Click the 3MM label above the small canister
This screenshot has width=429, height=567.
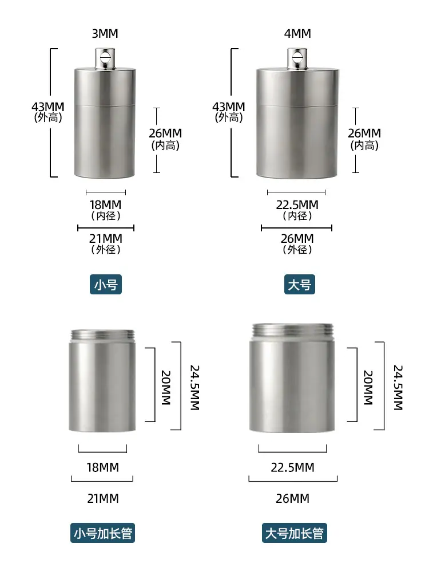[x=105, y=34]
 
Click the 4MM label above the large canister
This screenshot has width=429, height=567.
[x=297, y=34]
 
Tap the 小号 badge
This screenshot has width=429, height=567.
[x=106, y=284]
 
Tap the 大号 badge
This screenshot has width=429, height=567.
[x=299, y=284]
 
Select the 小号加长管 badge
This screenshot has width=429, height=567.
[x=102, y=533]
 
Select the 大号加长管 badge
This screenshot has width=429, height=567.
[x=295, y=533]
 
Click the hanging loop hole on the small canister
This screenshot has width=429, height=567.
[x=105, y=57]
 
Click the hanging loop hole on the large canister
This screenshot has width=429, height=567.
[x=297, y=57]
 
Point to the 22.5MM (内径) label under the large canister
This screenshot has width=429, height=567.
[x=297, y=210]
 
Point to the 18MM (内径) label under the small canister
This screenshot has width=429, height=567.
[x=105, y=210]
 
